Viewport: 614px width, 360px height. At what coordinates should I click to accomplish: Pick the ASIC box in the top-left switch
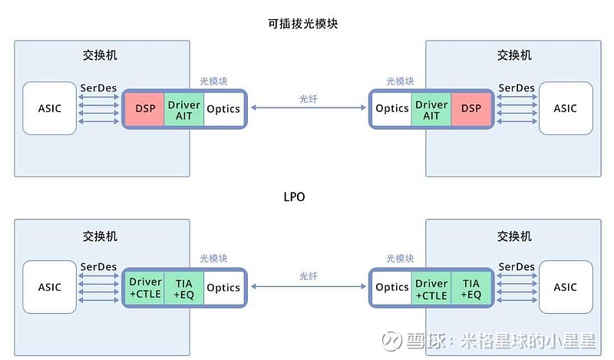coord(50,108)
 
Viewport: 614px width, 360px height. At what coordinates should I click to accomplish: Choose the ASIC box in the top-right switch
coord(565,108)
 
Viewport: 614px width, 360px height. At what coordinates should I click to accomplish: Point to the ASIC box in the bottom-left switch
coord(50,287)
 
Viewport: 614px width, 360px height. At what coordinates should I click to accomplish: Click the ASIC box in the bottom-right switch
coord(565,287)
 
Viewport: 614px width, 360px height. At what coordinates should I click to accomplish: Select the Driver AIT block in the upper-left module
coord(183,109)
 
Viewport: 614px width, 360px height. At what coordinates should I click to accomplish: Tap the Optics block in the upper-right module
coord(392,109)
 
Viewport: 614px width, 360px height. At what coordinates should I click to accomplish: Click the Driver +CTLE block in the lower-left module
coord(146,289)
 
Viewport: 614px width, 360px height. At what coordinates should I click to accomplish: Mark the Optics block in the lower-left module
coord(223,289)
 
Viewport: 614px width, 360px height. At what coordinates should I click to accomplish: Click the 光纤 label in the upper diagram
coord(308,98)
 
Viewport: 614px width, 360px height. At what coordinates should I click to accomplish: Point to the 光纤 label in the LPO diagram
coord(308,276)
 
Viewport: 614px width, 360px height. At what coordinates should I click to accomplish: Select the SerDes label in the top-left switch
coord(98,88)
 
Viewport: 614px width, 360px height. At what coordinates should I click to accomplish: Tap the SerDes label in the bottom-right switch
coord(517,266)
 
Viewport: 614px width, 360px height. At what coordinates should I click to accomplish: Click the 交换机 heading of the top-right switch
coord(514,55)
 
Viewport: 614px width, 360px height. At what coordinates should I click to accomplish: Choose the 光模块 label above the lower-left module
coord(213,259)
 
